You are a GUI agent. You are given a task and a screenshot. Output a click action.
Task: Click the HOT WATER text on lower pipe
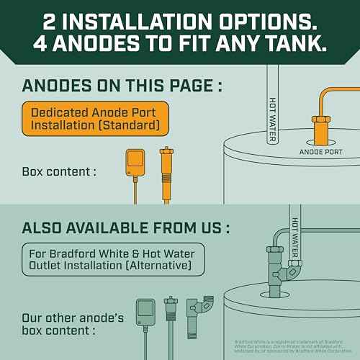pos(295,238)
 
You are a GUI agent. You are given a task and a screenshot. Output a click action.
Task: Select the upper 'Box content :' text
pos(60,172)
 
